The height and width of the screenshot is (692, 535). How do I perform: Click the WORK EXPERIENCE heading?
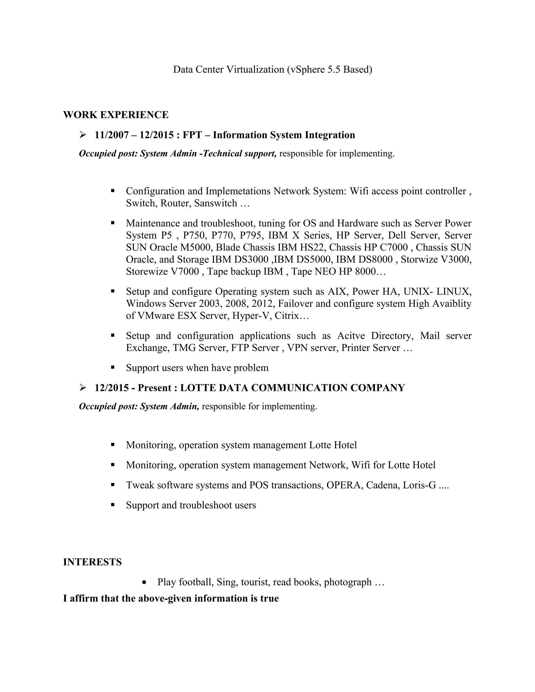point(116,115)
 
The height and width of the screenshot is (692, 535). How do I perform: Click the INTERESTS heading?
point(92,562)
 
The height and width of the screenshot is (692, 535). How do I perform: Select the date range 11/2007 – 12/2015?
point(134,135)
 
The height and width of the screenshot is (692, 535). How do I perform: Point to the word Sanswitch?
point(216,203)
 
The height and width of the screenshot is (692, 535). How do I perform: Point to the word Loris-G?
point(419,485)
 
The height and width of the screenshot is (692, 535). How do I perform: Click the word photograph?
point(348,582)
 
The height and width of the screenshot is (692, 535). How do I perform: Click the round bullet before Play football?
point(144,582)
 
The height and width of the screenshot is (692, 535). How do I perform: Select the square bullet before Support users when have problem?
point(113,368)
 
